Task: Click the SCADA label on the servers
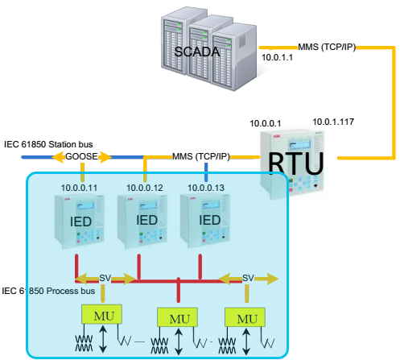pos(197,52)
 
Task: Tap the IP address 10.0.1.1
pos(277,57)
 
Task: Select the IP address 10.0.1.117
pos(333,122)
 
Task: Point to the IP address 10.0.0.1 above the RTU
pos(266,123)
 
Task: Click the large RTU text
pos(296,163)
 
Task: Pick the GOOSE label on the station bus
pos(81,156)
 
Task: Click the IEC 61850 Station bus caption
pos(48,144)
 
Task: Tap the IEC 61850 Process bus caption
pos(48,291)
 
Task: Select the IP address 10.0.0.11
pos(79,188)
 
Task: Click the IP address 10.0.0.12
pos(145,188)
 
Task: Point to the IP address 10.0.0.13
pos(206,188)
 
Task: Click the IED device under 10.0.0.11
pos(80,221)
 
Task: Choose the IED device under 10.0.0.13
pos(205,221)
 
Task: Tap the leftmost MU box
pos(101,314)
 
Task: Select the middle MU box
pos(177,317)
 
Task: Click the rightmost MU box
pos(245,317)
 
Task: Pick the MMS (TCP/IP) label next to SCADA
pos(327,47)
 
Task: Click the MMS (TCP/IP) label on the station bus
pos(201,156)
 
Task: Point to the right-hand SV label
pos(248,278)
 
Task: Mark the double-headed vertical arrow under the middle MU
pos(179,341)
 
